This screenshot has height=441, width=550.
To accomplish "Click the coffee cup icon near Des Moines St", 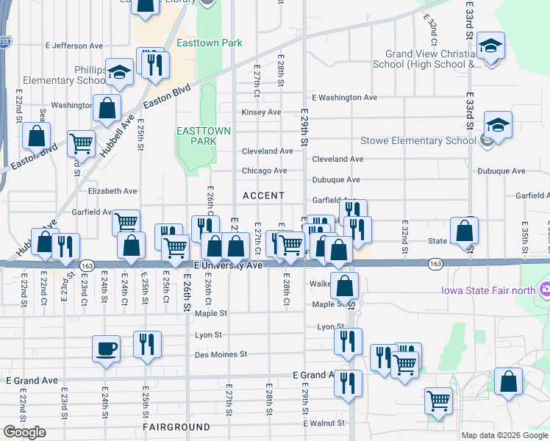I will [107, 348].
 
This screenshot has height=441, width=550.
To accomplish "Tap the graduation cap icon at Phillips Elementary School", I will [119, 71].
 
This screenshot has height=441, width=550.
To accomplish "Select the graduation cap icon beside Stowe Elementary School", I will [498, 124].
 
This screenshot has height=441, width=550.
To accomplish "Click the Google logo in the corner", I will [24, 432].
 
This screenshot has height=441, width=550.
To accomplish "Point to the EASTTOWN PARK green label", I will [204, 137].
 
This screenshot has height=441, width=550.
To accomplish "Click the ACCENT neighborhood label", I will [263, 196].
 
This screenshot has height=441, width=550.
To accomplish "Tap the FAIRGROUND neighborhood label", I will [177, 426].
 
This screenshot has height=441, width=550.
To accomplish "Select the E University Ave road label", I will [228, 265].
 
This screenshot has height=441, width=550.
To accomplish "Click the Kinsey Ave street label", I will [262, 112].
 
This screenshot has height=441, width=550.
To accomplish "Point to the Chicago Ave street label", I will [265, 171].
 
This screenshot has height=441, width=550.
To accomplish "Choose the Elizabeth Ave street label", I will [113, 191].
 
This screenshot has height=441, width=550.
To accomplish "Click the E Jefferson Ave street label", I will [77, 46].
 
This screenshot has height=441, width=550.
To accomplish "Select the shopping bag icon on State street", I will [464, 230].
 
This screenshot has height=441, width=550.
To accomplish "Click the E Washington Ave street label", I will [344, 97].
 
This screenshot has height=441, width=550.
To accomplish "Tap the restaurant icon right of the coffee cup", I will [147, 344].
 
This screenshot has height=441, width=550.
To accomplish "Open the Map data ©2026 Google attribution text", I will [504, 435].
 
